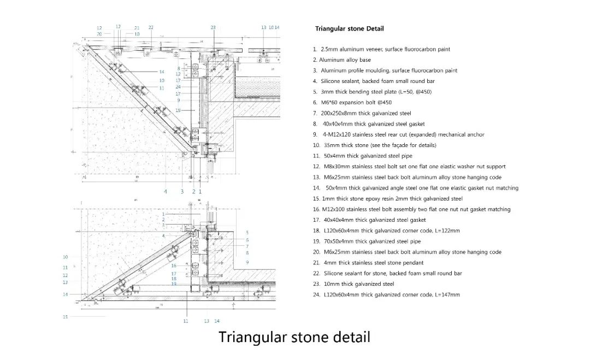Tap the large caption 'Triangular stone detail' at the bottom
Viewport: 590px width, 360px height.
pos(294,337)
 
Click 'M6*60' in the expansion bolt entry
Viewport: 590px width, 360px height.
pos(329,103)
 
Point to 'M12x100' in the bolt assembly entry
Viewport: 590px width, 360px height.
pos(333,209)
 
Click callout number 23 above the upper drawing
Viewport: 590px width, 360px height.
pos(213,27)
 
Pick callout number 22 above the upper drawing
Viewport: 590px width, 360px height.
pos(151,27)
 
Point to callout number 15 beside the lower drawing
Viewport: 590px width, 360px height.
pos(65,316)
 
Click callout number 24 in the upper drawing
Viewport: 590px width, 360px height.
pos(178,87)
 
